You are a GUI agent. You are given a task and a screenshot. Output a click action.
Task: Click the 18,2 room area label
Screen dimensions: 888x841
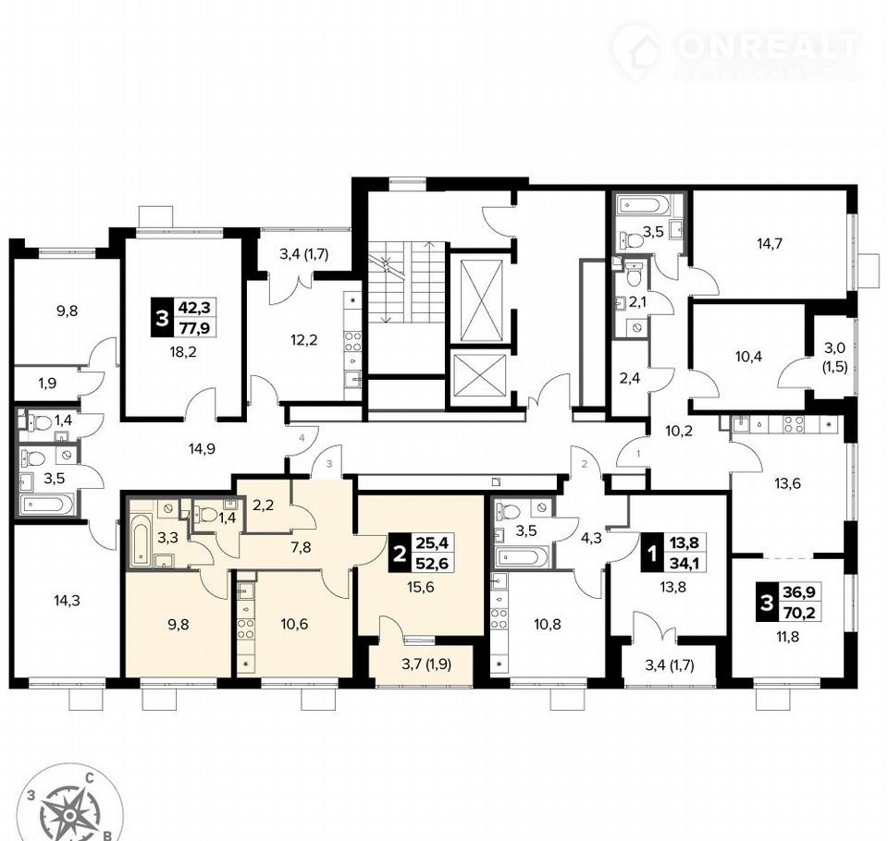coord(183,352)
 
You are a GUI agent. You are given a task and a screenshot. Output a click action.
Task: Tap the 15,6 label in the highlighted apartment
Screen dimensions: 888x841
coord(421,587)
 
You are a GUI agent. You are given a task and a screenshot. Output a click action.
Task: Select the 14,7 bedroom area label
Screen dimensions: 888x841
coord(770,244)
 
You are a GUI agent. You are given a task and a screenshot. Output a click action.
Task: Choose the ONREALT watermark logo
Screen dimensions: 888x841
coord(737,53)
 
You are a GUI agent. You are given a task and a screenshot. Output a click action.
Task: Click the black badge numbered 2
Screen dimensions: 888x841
coord(400,554)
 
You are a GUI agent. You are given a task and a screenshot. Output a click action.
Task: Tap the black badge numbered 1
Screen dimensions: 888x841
coord(652,554)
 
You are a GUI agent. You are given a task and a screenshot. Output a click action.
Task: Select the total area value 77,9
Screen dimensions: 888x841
coord(194,327)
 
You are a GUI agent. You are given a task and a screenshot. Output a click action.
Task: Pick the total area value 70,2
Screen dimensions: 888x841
coord(799,611)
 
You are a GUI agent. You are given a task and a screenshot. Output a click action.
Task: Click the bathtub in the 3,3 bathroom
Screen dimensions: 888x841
coord(141,540)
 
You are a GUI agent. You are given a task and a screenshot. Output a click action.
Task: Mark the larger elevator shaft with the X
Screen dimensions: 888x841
coord(481,301)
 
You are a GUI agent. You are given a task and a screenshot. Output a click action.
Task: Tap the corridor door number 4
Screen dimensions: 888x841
coord(302,438)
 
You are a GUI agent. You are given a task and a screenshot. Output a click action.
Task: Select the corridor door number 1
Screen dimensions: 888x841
coord(638,454)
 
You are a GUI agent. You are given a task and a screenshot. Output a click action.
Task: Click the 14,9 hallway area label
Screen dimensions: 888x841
coord(203,449)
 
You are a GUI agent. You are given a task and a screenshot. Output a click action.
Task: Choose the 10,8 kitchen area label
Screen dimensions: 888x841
coord(548,624)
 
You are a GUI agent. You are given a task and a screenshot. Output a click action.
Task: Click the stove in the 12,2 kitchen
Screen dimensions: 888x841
coord(352,341)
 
